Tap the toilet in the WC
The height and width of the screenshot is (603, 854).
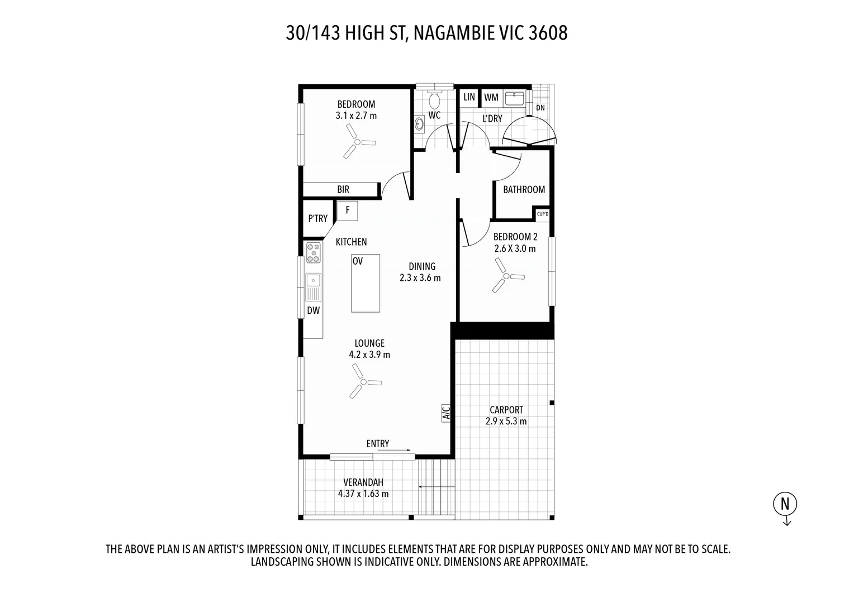[x=434, y=99]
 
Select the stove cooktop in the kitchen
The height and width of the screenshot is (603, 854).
[x=314, y=253]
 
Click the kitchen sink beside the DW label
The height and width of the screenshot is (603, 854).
[x=314, y=287]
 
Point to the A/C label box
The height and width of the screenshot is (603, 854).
[x=445, y=413]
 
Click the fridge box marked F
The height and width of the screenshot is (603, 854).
[x=347, y=210]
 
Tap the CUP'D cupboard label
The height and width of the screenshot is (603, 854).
[x=543, y=214]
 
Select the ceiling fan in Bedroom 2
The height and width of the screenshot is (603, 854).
[x=507, y=276]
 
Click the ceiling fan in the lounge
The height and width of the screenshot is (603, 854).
[x=364, y=381]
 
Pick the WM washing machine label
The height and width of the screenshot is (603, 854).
[x=491, y=98]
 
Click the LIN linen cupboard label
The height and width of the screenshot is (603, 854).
[x=469, y=97]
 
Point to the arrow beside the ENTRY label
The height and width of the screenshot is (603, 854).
[x=394, y=450]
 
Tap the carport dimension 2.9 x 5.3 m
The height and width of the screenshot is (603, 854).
[x=506, y=422]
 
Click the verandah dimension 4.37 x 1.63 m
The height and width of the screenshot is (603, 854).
[x=363, y=494]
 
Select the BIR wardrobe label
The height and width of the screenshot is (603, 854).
[x=343, y=189]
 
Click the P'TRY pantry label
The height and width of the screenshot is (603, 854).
[x=317, y=218]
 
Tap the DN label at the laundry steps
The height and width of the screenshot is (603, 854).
[x=540, y=108]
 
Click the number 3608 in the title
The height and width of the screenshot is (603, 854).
[x=548, y=33]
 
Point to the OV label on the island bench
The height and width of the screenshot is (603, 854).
[x=357, y=261]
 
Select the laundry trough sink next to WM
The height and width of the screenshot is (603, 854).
[x=514, y=99]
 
